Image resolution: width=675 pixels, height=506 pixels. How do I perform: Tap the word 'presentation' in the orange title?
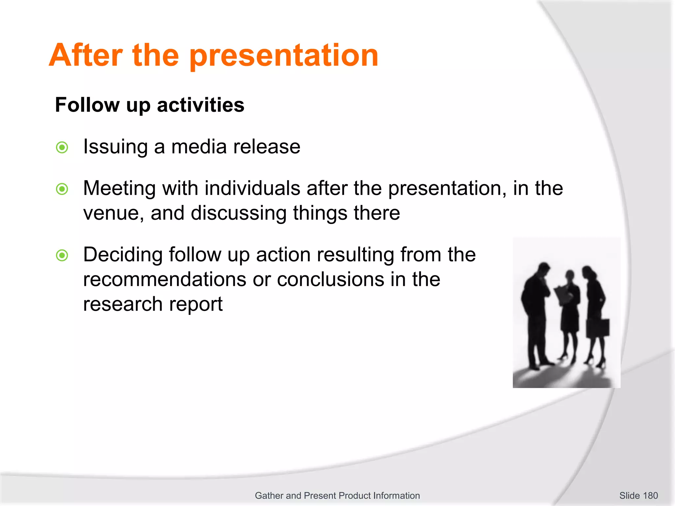click(x=284, y=56)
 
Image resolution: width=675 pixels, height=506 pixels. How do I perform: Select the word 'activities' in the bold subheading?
click(x=200, y=105)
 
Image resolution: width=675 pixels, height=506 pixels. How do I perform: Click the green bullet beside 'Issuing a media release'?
click(x=62, y=147)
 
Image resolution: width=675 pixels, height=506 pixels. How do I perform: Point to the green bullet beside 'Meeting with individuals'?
click(x=62, y=189)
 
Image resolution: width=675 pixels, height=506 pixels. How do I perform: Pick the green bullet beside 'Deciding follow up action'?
click(x=62, y=255)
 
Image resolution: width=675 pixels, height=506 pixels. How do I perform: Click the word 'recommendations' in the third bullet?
click(x=165, y=280)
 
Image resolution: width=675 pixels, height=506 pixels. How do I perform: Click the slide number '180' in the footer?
click(x=650, y=495)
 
